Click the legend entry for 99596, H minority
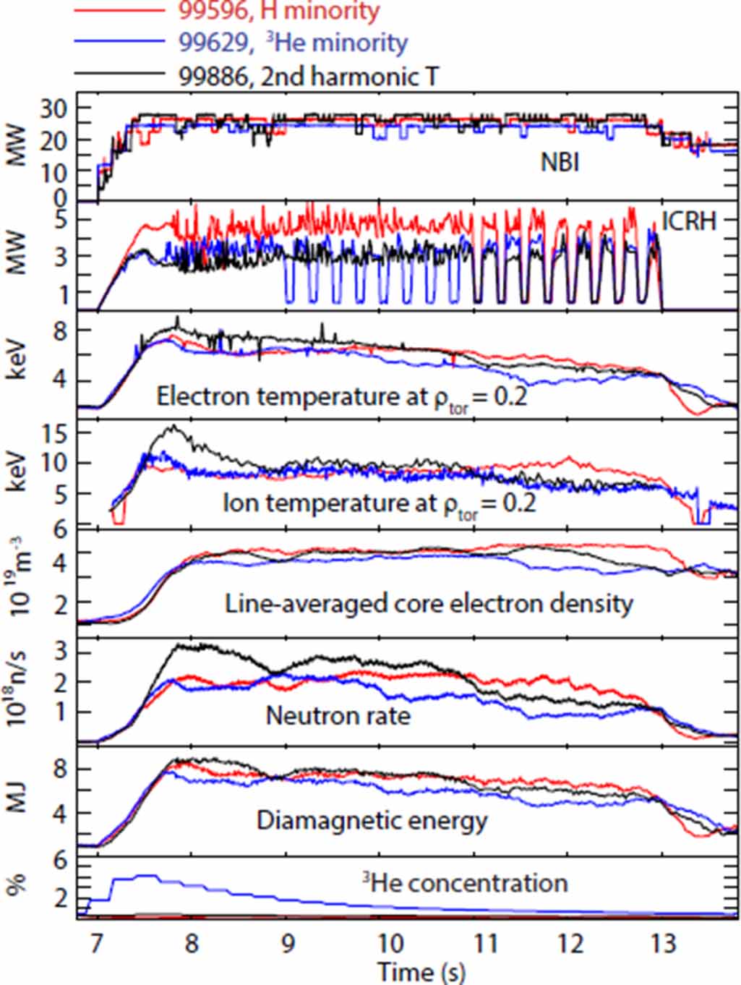pos(278,11)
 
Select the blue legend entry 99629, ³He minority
pos(293,43)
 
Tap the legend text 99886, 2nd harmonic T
pos(309,76)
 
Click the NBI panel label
pos(560,162)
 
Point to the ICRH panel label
pos(689,221)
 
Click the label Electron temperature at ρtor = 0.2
pos(342,397)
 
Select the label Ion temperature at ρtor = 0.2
pos(379,503)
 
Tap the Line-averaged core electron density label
pos(429,603)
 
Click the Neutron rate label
pos(338,715)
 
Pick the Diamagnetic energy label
pos(372,820)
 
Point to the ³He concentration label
pos(465,882)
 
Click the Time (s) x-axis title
pos(421,971)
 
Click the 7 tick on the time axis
pos(97,944)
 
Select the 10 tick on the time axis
pos(391,944)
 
